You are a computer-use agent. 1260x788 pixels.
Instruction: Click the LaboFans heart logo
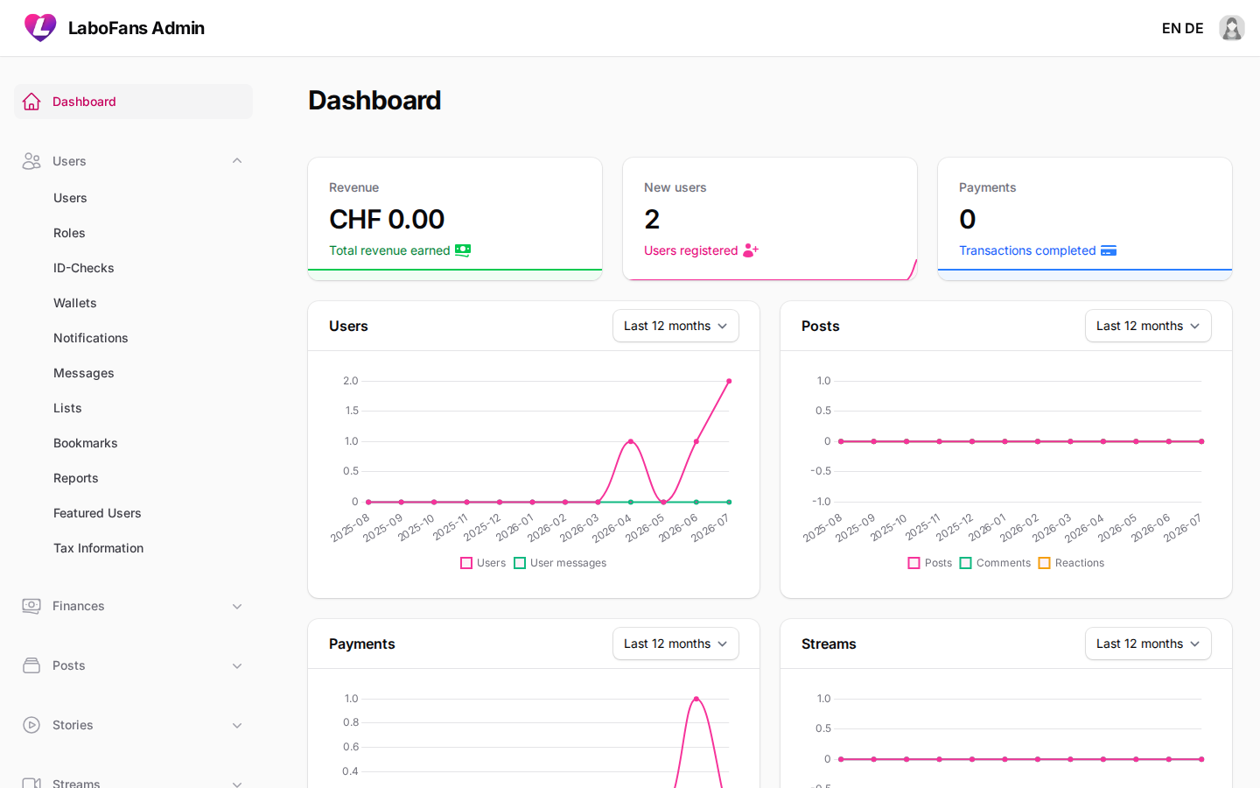tap(40, 28)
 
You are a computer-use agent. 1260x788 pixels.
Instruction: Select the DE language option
tap(1193, 28)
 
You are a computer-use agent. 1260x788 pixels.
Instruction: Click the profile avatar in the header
tap(1231, 28)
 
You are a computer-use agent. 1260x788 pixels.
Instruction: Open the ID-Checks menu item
tap(83, 268)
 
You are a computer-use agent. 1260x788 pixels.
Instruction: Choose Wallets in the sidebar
tap(75, 303)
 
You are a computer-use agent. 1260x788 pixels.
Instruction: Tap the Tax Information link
tap(98, 548)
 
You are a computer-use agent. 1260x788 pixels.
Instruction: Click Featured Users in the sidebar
tap(97, 513)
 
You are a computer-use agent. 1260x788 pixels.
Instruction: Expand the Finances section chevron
tap(237, 606)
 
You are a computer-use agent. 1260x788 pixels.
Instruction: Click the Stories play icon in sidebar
tap(31, 725)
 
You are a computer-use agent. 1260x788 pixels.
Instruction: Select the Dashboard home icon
tap(31, 102)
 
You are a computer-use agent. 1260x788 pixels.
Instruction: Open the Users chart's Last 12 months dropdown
tap(675, 326)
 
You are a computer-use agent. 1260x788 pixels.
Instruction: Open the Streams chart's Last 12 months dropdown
tap(1148, 644)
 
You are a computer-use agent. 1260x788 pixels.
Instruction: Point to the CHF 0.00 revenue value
tap(387, 219)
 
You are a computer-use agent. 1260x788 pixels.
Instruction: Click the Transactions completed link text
tap(1027, 250)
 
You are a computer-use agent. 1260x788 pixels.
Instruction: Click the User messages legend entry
tap(560, 563)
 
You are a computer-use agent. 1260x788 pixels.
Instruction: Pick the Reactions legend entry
tap(1071, 563)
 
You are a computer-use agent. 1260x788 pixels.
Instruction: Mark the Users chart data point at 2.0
tap(729, 381)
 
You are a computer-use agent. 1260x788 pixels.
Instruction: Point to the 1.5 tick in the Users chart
tap(352, 411)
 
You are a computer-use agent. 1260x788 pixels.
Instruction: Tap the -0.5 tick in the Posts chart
tap(821, 470)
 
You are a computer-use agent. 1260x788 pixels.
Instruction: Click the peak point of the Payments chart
tap(696, 699)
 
